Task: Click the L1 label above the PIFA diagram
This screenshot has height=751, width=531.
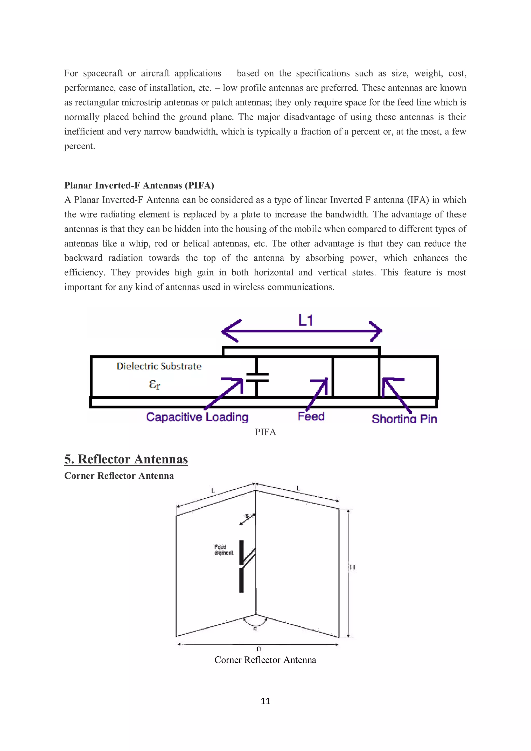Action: click(305, 320)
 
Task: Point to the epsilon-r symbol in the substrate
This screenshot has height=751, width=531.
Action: click(154, 384)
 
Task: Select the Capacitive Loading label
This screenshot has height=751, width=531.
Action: click(197, 417)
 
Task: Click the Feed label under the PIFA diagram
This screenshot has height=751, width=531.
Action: click(311, 416)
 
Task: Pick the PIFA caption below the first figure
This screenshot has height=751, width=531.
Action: click(265, 432)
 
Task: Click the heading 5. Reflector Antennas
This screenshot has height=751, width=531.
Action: click(126, 459)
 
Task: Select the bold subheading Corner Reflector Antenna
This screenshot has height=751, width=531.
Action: click(119, 476)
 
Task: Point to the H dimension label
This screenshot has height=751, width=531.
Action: click(352, 567)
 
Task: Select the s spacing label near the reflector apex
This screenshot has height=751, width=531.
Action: click(247, 516)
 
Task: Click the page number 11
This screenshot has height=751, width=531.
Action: click(265, 701)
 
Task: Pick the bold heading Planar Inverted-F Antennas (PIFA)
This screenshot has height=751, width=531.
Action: click(139, 185)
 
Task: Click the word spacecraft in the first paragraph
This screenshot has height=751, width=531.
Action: click(103, 73)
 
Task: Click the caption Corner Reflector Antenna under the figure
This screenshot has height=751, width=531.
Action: click(265, 660)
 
